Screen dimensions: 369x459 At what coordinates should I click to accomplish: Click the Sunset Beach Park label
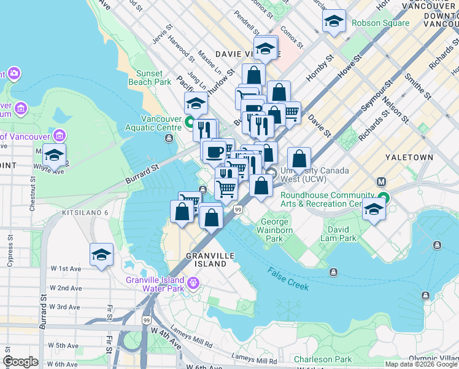point(149,77)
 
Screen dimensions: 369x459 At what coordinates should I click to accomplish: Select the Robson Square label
point(380,23)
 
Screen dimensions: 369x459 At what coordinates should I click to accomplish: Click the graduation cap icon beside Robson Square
point(333,22)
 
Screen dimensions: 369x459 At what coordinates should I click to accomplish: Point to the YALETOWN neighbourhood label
point(409,157)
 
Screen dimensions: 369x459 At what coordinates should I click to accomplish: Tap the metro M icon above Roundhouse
point(382,182)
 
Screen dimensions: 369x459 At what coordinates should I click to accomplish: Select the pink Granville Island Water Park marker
point(195,283)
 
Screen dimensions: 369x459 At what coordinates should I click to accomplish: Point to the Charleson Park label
point(322,359)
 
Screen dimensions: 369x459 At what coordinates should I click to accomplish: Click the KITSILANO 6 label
point(85,212)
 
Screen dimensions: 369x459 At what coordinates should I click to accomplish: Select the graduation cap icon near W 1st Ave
point(101,255)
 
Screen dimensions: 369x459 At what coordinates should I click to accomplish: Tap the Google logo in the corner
point(20,362)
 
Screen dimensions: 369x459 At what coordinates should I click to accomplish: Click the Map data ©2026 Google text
point(421,364)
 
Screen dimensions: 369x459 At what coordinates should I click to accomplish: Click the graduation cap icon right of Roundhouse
point(374,209)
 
